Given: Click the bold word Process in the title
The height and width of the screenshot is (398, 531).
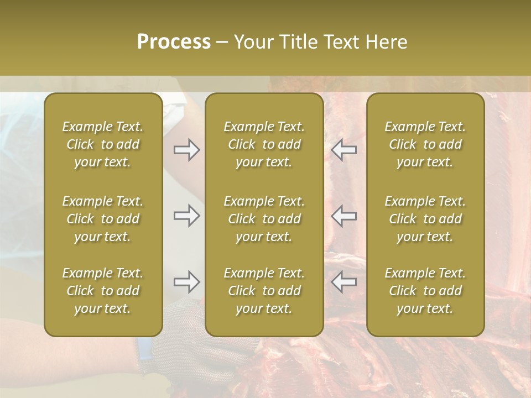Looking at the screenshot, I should click(174, 42).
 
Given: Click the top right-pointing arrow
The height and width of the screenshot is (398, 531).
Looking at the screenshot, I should click(186, 150).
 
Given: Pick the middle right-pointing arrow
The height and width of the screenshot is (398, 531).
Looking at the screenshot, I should click(186, 216).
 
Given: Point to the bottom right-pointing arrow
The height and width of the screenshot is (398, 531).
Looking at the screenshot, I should click(186, 282).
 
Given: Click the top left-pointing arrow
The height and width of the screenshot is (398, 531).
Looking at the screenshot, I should click(344, 150).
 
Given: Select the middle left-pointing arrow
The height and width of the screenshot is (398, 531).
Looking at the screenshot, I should click(344, 216).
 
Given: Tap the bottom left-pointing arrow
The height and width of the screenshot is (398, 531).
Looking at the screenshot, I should click(344, 282).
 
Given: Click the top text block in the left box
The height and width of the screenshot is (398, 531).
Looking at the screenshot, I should click(103, 144).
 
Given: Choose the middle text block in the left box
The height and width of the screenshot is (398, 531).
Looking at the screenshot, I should click(103, 219).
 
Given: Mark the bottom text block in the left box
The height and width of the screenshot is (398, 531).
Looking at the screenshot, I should click(103, 291).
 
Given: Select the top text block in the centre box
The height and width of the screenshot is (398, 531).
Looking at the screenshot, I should click(264, 144).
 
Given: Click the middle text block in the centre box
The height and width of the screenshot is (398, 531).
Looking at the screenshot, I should click(264, 219).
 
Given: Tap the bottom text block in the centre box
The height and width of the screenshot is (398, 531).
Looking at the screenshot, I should click(264, 291).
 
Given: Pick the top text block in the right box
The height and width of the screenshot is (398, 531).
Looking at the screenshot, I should click(425, 144).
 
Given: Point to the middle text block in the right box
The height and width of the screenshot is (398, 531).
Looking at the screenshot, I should click(425, 219).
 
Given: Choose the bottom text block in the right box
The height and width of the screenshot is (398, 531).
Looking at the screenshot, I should click(425, 291).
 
